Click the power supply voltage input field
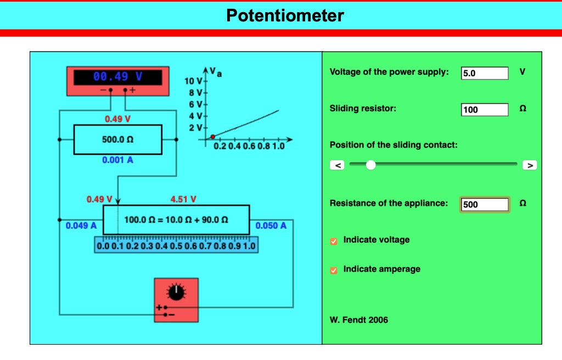tap(485, 73)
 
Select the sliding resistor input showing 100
tap(485, 110)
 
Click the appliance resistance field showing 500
tap(485, 205)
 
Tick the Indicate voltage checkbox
tap(334, 241)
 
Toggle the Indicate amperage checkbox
tap(334, 270)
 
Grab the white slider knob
tap(371, 165)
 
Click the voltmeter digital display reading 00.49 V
tap(118, 77)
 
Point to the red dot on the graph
tap(213, 137)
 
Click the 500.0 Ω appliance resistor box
tap(117, 140)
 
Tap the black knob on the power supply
tap(176, 293)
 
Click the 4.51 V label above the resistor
tap(183, 199)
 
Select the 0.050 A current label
tap(271, 226)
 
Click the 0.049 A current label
tap(81, 226)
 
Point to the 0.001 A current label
tap(117, 160)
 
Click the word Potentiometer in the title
tap(285, 15)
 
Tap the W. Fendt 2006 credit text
tap(358, 320)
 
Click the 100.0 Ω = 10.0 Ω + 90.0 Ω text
tap(176, 220)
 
